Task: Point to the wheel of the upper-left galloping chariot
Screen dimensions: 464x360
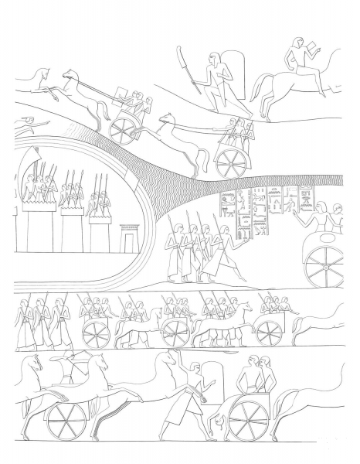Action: tap(123, 130)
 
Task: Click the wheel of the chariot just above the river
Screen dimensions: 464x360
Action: tap(230, 161)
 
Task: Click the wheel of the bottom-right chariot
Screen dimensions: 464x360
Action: tap(248, 418)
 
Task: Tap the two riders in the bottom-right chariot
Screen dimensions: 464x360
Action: tap(255, 374)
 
